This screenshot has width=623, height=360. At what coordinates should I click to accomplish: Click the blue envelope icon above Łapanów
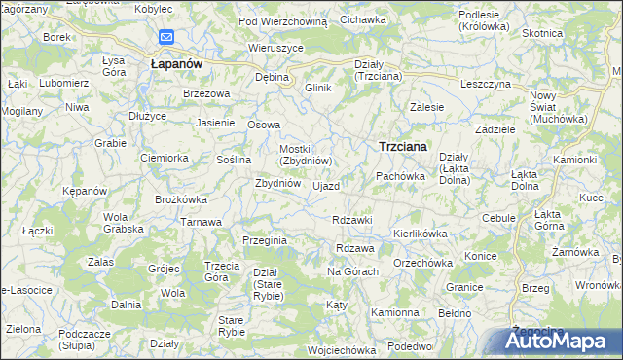tap(165, 38)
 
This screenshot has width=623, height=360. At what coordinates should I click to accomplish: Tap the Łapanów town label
tap(176, 62)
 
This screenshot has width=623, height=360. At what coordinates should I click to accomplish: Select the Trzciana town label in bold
tap(404, 146)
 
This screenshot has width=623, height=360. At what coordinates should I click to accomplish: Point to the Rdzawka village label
tap(352, 220)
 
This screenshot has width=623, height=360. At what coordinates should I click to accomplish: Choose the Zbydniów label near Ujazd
tap(276, 183)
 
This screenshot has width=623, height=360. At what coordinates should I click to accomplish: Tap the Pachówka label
tap(401, 176)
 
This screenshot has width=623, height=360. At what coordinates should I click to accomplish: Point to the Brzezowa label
tap(206, 93)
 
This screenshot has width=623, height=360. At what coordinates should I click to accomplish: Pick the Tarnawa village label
tap(201, 222)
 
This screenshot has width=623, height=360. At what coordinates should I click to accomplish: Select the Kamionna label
tap(394, 313)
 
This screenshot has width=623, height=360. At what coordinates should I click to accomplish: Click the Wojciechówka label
tap(341, 350)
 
